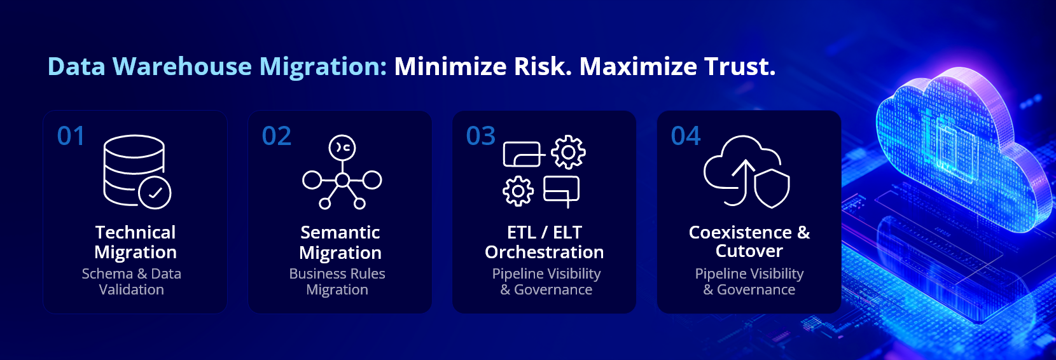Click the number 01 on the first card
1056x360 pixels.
(x=71, y=136)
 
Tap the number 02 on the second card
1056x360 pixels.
(x=276, y=136)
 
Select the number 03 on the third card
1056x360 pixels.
(x=480, y=136)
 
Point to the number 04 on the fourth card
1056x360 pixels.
(x=686, y=136)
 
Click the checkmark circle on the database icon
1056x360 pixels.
(x=155, y=193)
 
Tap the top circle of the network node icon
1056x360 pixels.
(x=342, y=148)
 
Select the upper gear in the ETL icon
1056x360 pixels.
(x=568, y=152)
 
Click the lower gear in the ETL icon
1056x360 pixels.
(x=518, y=191)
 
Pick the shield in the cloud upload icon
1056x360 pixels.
(x=772, y=189)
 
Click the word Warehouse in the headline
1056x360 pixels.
(x=182, y=66)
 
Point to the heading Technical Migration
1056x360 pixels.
(x=135, y=242)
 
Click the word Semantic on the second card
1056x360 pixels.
(x=340, y=232)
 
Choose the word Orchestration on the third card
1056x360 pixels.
(x=544, y=252)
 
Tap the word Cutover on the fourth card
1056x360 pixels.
(x=749, y=251)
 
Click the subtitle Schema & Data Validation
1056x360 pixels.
(x=132, y=281)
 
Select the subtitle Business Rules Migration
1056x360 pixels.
(x=337, y=281)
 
